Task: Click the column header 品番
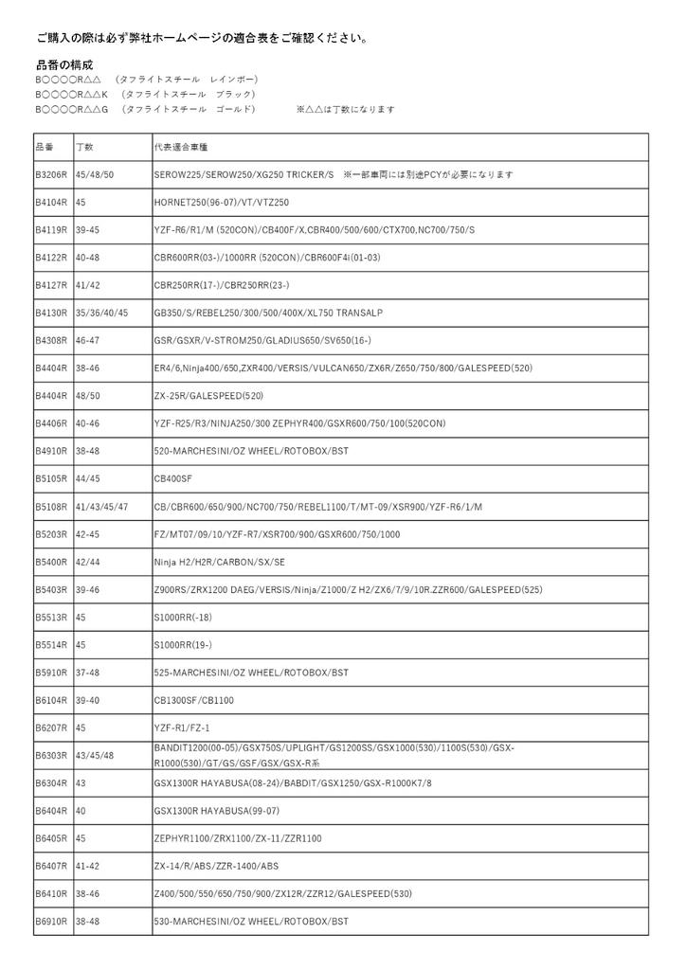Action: (45, 148)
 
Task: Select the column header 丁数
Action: (85, 148)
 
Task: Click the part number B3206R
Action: (51, 175)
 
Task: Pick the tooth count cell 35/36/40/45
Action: (101, 312)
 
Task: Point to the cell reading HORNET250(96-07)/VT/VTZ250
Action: (222, 203)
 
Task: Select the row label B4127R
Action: (51, 284)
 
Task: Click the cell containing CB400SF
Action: (173, 478)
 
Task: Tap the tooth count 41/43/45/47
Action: (101, 507)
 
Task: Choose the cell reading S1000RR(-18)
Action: (184, 617)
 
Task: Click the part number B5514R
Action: (51, 645)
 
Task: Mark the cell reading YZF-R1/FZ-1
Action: (181, 727)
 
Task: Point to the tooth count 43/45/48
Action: (95, 755)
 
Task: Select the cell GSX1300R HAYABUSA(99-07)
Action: (217, 811)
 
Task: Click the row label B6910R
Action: (51, 921)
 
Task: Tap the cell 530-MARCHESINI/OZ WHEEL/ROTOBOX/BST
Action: (251, 921)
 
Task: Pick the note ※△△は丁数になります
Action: (345, 110)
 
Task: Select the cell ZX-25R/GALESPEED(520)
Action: (208, 395)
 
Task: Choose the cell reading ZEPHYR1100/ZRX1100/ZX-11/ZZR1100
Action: (238, 838)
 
